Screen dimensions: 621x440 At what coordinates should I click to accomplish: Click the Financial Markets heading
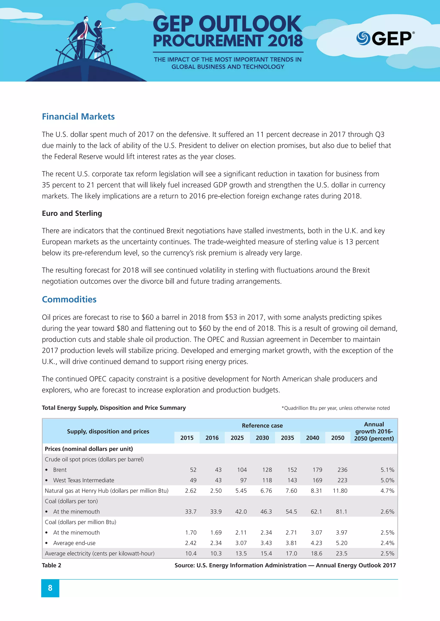[78, 117]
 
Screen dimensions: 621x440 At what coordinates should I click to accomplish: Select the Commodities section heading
[69, 299]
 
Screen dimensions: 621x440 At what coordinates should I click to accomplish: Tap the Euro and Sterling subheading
[72, 213]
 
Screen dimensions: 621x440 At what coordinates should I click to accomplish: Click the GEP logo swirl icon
[363, 38]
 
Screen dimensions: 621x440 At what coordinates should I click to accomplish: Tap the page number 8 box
[50, 588]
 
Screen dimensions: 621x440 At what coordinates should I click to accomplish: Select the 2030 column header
[262, 438]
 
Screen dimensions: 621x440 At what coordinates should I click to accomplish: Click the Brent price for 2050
[342, 470]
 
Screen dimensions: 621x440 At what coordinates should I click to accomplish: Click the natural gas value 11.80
[340, 491]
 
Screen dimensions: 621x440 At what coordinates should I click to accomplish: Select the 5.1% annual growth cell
[387, 470]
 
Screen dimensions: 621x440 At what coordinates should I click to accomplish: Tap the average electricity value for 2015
[191, 553]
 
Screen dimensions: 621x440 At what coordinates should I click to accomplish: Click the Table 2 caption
[52, 565]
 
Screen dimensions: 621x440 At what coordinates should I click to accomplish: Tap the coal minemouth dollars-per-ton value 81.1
[341, 511]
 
